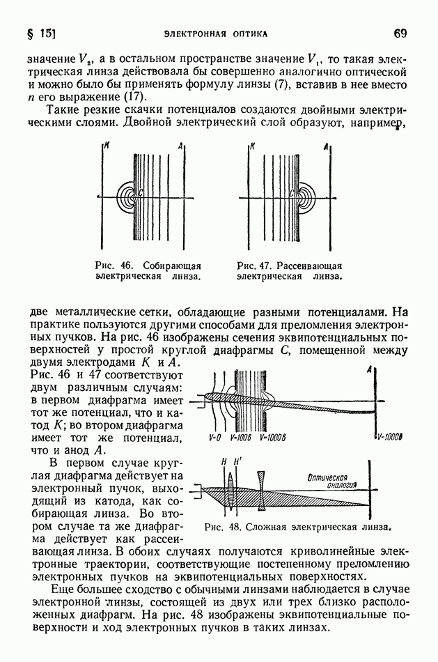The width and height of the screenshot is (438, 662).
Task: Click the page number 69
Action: tap(400, 32)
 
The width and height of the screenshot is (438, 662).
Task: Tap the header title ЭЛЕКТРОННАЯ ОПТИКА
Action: tap(215, 33)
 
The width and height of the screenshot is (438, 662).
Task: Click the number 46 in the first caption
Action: tap(125, 265)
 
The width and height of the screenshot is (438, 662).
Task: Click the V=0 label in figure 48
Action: tap(214, 438)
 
